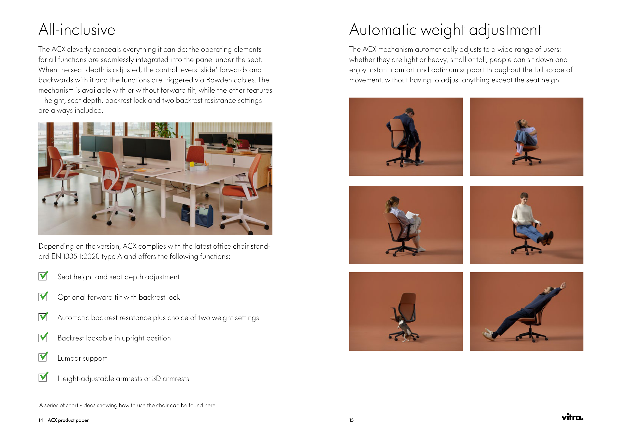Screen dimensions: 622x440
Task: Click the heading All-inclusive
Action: (77, 30)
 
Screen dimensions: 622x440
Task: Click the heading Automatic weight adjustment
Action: (445, 30)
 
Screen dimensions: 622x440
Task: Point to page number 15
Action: (351, 420)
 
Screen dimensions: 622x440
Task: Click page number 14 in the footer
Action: (41, 420)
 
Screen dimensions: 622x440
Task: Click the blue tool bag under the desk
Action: (197, 215)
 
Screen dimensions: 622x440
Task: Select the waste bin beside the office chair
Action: (96, 193)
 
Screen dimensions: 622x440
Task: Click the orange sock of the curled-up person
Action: (517, 154)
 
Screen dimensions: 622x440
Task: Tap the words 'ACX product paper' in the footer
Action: (68, 420)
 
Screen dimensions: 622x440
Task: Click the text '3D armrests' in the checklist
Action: (170, 379)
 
